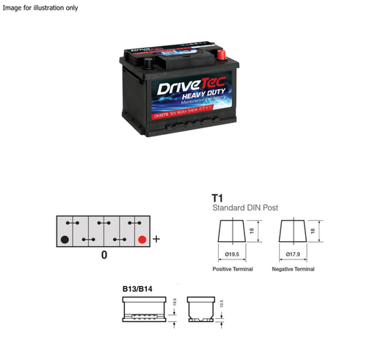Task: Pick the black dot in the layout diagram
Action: coord(65,239)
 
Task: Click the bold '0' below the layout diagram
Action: coord(104,255)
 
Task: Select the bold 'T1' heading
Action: coord(217,198)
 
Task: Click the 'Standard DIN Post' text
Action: coord(244,208)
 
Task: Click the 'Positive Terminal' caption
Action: coord(233,270)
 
